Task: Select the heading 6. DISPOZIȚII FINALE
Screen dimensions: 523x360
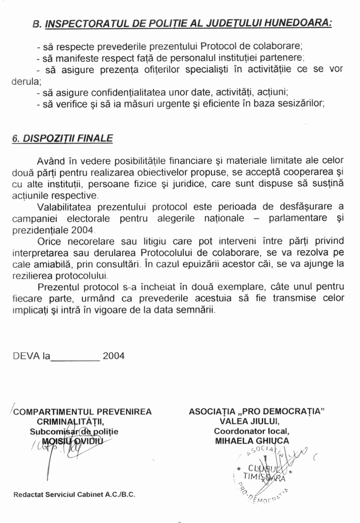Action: [62, 138]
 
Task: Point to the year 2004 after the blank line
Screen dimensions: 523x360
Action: [114, 356]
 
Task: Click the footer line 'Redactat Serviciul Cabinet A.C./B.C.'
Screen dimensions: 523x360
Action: [75, 495]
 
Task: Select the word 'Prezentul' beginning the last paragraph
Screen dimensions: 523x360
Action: [58, 286]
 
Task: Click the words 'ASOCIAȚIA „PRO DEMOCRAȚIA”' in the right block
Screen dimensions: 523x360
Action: [257, 412]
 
